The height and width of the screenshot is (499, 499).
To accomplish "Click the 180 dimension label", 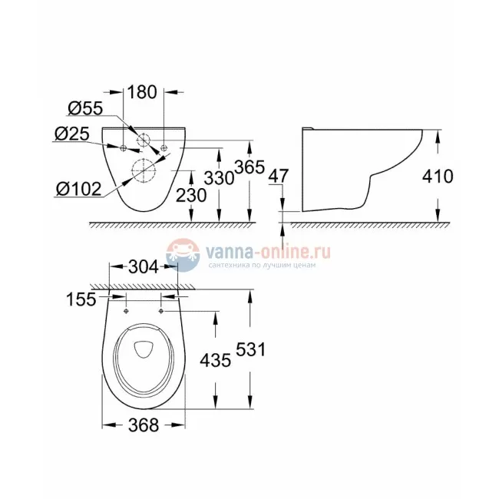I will click(143, 91).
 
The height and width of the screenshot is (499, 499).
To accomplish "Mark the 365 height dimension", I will click(249, 167).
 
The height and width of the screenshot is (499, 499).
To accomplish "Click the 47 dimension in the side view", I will click(279, 177).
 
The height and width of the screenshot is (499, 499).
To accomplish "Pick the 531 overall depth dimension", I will click(249, 349).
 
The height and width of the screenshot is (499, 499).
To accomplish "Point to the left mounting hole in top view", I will click(124, 311).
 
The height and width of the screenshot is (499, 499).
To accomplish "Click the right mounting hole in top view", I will click(160, 311).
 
